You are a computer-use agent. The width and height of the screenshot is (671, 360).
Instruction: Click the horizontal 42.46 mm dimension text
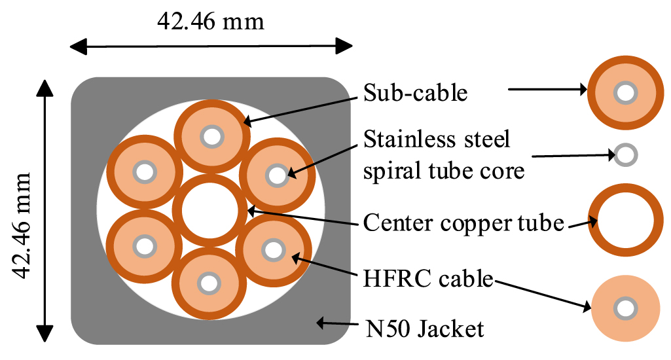pyautogui.click(x=210, y=21)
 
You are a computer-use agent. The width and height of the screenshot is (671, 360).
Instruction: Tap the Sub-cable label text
pyautogui.click(x=415, y=92)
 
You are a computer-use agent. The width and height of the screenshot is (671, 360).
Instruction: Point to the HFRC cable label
pyautogui.click(x=427, y=279)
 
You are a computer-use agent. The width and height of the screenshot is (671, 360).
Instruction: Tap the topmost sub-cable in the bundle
pyautogui.click(x=212, y=137)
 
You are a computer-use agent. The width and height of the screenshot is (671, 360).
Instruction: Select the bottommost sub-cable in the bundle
pyautogui.click(x=209, y=283)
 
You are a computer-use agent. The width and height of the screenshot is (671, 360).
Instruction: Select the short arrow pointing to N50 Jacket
pyautogui.click(x=333, y=323)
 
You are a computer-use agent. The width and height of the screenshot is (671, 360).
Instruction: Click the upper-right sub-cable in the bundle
pyautogui.click(x=277, y=175)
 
